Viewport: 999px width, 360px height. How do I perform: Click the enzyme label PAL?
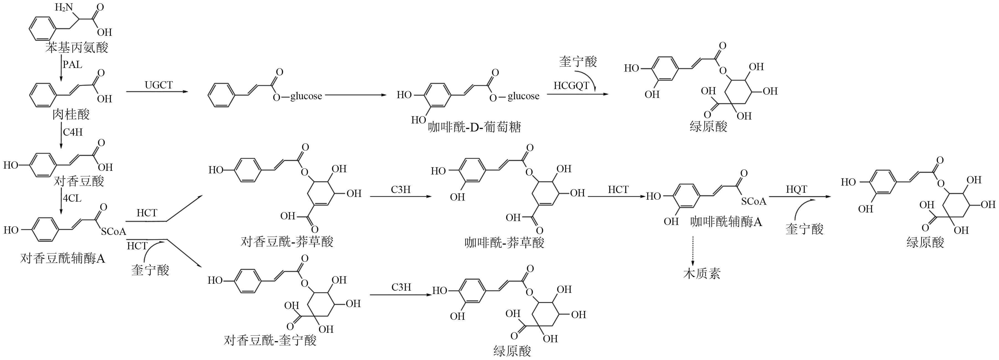click(x=73, y=64)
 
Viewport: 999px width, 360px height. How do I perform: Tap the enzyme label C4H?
click(x=73, y=132)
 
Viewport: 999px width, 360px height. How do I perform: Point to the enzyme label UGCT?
click(x=159, y=85)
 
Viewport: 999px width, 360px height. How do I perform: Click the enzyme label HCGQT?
click(x=571, y=86)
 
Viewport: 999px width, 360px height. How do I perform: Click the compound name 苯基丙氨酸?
click(x=77, y=48)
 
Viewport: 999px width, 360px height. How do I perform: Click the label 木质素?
click(x=701, y=273)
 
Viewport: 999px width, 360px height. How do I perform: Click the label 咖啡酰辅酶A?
click(x=726, y=222)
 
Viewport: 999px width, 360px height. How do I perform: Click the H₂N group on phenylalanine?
click(x=63, y=7)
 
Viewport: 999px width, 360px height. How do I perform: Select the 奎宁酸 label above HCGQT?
click(x=578, y=61)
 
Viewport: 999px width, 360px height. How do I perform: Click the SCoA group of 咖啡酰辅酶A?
click(x=754, y=201)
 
